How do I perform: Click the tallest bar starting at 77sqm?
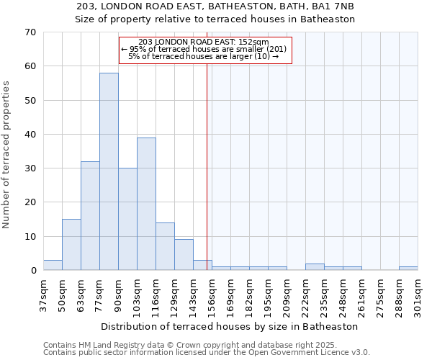[x=109, y=171]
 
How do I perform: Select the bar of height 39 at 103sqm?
[x=146, y=204]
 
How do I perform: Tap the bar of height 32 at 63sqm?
[x=90, y=216]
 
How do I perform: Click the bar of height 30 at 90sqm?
[x=127, y=219]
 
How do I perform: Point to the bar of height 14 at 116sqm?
[x=165, y=246]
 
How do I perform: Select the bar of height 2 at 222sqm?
[x=315, y=267]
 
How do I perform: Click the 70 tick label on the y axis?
[x=30, y=32]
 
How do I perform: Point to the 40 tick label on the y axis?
[x=30, y=135]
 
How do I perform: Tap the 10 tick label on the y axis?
[x=30, y=237]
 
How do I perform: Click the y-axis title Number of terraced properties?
[x=7, y=155]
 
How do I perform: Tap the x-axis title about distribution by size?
[x=230, y=326]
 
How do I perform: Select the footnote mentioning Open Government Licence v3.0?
[x=207, y=352]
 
